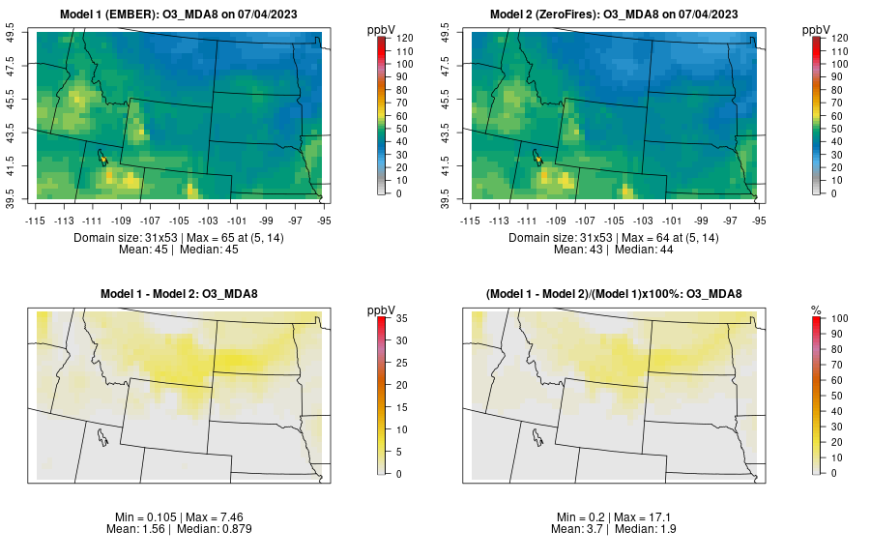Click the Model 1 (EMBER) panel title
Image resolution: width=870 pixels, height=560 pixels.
click(x=183, y=15)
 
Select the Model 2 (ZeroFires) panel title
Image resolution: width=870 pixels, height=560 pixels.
click(x=618, y=15)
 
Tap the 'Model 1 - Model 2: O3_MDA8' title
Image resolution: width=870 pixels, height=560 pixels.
click(x=183, y=294)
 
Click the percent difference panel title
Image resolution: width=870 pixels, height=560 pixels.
click(x=618, y=294)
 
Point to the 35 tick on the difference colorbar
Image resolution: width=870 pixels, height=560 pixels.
click(x=400, y=317)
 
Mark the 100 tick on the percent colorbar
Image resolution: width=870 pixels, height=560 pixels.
click(x=839, y=317)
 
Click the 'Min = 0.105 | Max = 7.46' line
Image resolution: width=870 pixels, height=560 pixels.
click(x=183, y=517)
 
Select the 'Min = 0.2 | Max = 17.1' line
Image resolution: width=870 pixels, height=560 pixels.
click(x=618, y=517)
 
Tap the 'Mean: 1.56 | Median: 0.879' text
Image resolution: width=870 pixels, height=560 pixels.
click(x=183, y=529)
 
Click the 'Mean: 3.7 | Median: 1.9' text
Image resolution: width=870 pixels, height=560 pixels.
click(x=618, y=529)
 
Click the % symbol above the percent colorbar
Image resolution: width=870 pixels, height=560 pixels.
click(x=816, y=309)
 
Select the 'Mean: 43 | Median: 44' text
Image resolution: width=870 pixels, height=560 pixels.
click(x=618, y=250)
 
